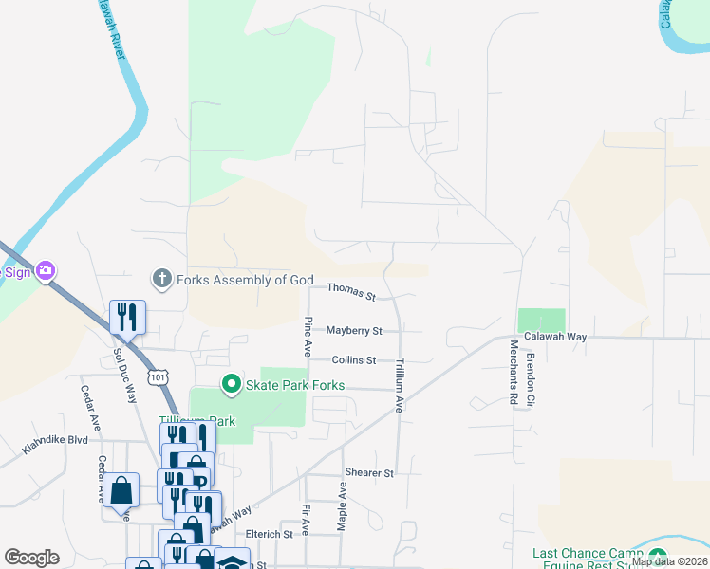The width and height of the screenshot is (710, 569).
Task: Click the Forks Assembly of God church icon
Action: point(162,279)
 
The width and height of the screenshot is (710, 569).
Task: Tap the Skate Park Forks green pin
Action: point(231,385)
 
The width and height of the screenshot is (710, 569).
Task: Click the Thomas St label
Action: point(352,293)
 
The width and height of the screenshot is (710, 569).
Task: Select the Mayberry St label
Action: point(354,331)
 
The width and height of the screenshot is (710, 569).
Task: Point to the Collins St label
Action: point(354,360)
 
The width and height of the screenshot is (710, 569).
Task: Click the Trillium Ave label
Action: point(401,384)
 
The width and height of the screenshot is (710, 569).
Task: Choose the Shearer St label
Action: point(369,472)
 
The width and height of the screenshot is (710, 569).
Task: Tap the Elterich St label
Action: point(269,535)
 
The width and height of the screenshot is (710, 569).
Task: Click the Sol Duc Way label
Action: point(124,375)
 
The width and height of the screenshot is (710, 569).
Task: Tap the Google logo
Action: point(31,558)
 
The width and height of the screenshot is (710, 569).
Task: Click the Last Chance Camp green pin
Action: point(658,555)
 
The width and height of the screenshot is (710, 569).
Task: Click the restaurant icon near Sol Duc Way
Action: point(127,317)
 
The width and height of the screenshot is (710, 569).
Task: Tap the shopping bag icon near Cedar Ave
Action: point(121,490)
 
